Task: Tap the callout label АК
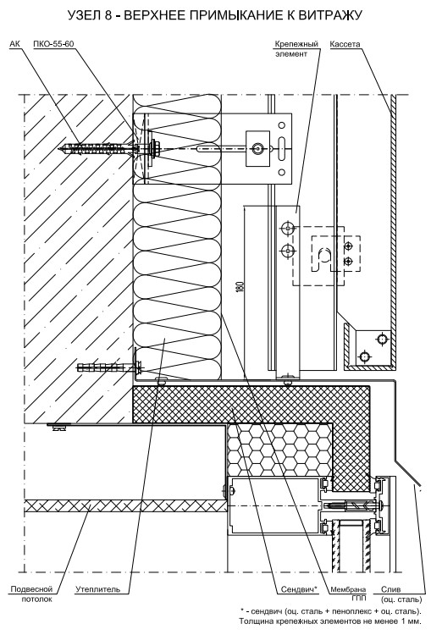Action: pyautogui.click(x=14, y=44)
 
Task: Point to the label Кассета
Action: pyautogui.click(x=345, y=44)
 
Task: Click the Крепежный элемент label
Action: pyautogui.click(x=297, y=48)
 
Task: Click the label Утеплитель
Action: pyautogui.click(x=97, y=589)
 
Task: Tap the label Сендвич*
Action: pyautogui.click(x=300, y=589)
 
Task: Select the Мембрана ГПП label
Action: pyautogui.click(x=348, y=594)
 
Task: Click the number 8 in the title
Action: pyautogui.click(x=110, y=15)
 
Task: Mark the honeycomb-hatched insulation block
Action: pyautogui.click(x=280, y=449)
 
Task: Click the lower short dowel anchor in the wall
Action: pyautogui.click(x=109, y=368)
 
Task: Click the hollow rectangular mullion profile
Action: pyautogui.click(x=274, y=506)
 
